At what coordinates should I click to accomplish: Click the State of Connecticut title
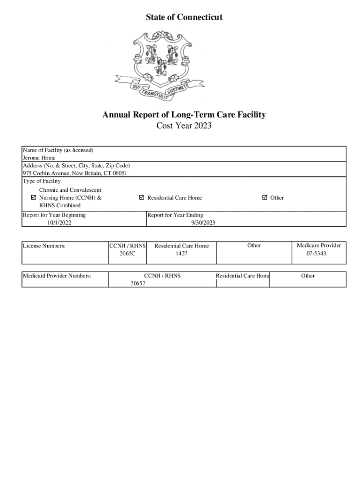click(x=184, y=17)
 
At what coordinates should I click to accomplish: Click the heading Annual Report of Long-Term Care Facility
click(x=184, y=115)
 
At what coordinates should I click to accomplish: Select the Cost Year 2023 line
click(x=184, y=125)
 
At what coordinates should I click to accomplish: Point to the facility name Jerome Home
click(x=39, y=158)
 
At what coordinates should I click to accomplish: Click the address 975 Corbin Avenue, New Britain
click(x=75, y=173)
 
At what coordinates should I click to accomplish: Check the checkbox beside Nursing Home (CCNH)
click(x=33, y=197)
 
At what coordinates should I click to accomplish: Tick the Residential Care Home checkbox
click(x=142, y=197)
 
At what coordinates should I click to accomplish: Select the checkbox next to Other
click(x=265, y=197)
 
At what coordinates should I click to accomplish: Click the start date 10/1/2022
click(x=59, y=223)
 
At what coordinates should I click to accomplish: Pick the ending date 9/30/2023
click(x=202, y=223)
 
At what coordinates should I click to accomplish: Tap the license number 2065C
click(x=127, y=253)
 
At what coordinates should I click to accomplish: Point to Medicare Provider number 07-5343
click(x=316, y=253)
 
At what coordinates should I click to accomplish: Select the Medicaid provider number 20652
click(x=137, y=283)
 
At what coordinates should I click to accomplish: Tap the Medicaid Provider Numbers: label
click(x=57, y=276)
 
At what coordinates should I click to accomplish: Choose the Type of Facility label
click(x=42, y=181)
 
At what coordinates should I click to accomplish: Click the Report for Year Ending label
click(x=175, y=215)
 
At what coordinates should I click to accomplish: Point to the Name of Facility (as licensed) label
click(x=58, y=150)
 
